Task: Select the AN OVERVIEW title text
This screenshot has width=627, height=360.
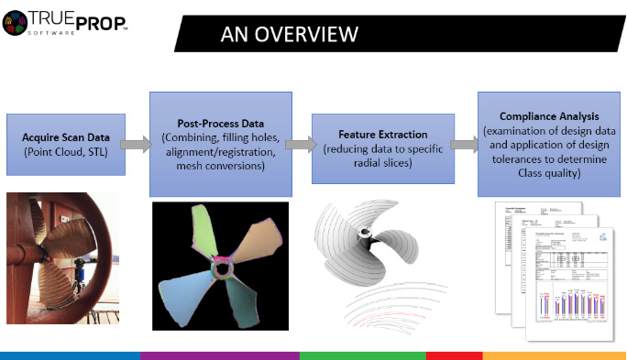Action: click(x=289, y=35)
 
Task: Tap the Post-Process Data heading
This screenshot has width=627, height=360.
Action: click(x=221, y=122)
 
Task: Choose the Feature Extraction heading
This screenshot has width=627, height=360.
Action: click(x=383, y=134)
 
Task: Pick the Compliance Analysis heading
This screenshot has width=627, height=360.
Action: click(x=549, y=116)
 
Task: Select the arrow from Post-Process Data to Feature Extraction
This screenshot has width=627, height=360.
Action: click(x=298, y=144)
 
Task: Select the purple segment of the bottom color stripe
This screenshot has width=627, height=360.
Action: click(x=220, y=355)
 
